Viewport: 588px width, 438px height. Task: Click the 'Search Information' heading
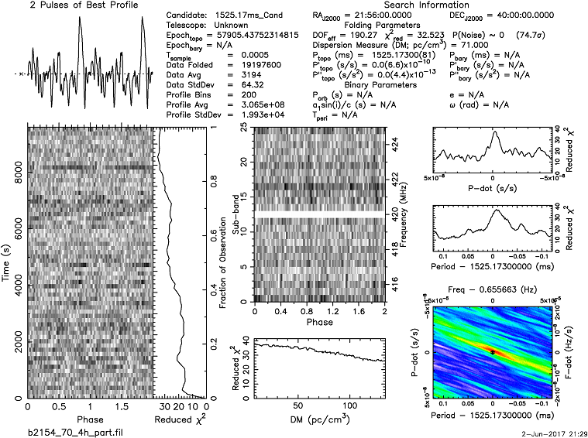(384, 5)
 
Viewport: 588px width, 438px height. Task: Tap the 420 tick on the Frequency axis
(394, 219)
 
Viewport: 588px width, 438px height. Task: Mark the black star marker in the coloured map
(493, 351)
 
